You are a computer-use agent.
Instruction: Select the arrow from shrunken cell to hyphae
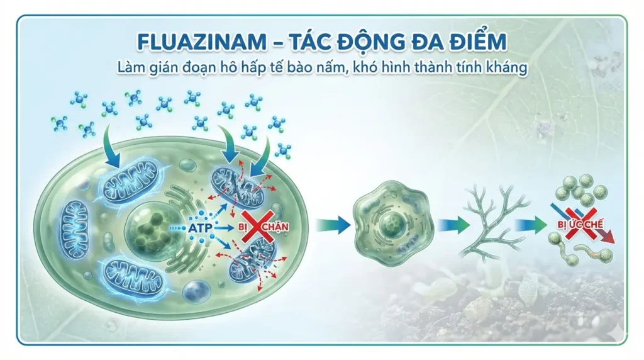452,225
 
